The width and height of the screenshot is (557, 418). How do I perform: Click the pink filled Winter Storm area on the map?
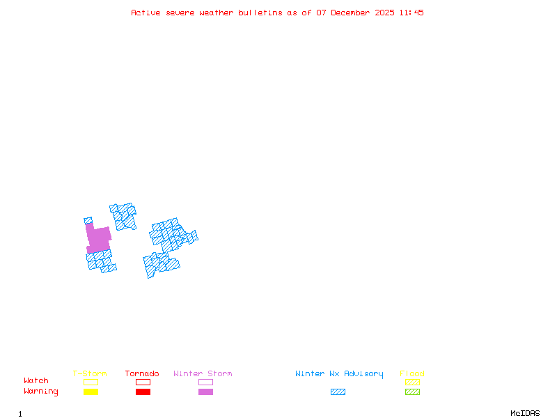(98, 239)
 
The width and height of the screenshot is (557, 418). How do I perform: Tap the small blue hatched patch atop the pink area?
(88, 221)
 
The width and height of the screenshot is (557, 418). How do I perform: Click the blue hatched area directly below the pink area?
(99, 261)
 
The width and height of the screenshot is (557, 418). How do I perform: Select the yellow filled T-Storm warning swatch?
(91, 392)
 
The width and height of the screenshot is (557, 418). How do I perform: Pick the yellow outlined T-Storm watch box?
(91, 382)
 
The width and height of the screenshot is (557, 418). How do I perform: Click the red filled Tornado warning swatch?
(143, 392)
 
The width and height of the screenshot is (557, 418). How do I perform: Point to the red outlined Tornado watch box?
(143, 382)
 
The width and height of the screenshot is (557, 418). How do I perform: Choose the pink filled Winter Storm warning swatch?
(205, 392)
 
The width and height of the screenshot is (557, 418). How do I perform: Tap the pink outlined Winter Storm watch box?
(205, 382)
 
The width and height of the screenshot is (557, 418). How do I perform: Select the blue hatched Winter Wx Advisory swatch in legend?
(338, 392)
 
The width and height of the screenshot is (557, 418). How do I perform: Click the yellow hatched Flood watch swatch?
(412, 382)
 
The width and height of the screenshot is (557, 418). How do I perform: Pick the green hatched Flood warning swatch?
(412, 392)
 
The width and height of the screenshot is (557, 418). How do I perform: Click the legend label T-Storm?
(90, 374)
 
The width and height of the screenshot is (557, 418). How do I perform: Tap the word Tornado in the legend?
(142, 374)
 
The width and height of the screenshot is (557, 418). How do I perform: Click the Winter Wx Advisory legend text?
(339, 374)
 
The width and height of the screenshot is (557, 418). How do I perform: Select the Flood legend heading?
(412, 374)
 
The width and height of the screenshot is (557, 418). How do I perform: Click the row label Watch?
(36, 381)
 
